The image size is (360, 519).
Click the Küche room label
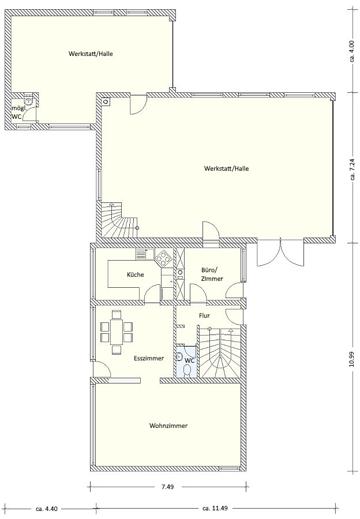[x=135, y=274]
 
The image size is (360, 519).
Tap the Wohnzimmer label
[x=168, y=426]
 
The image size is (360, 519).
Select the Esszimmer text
[x=149, y=358]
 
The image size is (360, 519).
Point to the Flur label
[x=204, y=316]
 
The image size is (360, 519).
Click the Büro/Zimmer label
[x=212, y=274]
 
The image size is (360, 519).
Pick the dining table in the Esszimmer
[x=116, y=332]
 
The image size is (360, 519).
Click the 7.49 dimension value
[x=168, y=487]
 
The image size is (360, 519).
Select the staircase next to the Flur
[x=220, y=352]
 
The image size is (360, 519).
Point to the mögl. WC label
[x=17, y=112]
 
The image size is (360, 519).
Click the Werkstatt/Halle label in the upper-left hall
[x=91, y=54]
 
